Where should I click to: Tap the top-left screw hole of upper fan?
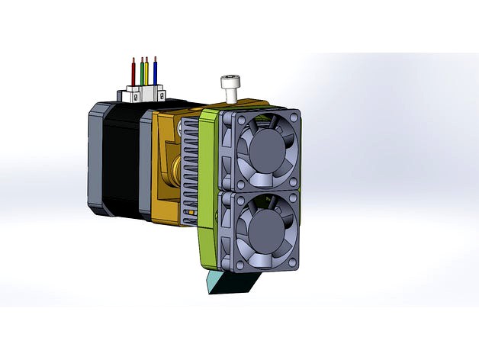tap(234, 117)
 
